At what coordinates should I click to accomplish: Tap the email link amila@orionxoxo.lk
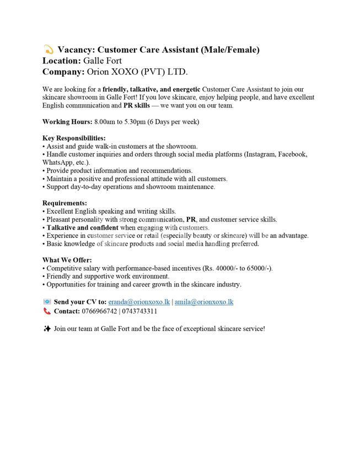(x=204, y=302)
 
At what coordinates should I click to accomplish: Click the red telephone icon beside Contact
(x=47, y=311)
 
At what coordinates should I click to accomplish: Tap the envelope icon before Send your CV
(x=47, y=302)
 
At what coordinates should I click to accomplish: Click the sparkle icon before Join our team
(x=47, y=329)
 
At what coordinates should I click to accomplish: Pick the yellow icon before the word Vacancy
(x=48, y=50)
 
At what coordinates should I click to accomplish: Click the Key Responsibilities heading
(x=74, y=138)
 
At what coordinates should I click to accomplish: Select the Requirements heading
(x=65, y=203)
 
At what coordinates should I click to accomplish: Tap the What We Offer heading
(x=67, y=260)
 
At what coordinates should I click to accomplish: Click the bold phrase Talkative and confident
(x=82, y=227)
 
